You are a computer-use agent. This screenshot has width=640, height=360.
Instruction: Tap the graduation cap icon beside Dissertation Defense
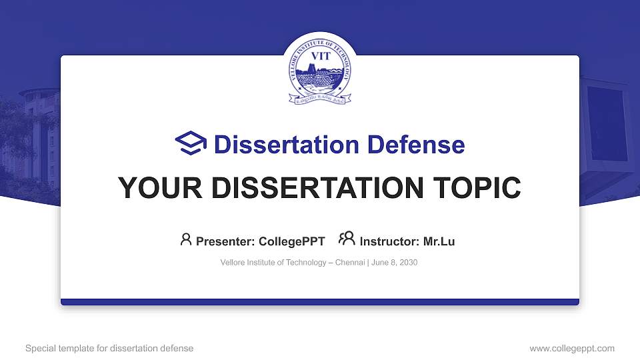click(x=191, y=144)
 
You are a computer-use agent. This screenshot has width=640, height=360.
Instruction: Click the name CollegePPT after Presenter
click(x=291, y=241)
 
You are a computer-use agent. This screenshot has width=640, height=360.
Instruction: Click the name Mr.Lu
click(x=439, y=241)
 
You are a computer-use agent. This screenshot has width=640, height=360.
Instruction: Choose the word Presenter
click(x=223, y=241)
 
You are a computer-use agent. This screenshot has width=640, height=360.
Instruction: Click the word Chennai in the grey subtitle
click(x=350, y=263)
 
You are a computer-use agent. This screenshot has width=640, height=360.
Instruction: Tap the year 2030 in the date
click(x=408, y=263)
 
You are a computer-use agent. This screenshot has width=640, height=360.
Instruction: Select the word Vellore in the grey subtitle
click(x=233, y=263)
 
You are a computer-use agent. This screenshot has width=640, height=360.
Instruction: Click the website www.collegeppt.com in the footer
click(x=572, y=348)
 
